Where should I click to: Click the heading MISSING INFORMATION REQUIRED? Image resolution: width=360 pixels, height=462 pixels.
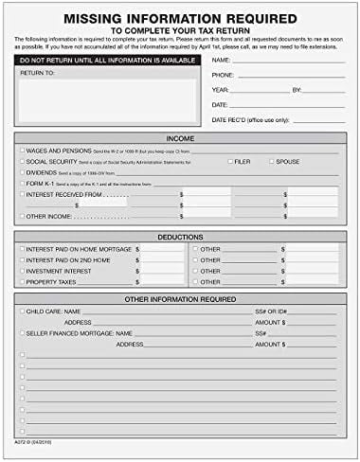pyautogui.click(x=180, y=16)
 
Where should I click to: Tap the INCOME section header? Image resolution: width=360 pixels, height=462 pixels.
pyautogui.click(x=180, y=137)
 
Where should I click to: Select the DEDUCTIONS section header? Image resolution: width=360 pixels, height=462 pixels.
pyautogui.click(x=180, y=236)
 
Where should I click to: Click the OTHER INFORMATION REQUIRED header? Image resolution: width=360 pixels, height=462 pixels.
pyautogui.click(x=180, y=298)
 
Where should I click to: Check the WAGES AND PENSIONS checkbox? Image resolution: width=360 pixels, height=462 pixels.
pyautogui.click(x=22, y=151)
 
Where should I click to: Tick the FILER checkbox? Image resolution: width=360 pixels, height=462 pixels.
pyautogui.click(x=230, y=162)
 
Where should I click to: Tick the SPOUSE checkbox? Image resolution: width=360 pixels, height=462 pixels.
pyautogui.click(x=270, y=162)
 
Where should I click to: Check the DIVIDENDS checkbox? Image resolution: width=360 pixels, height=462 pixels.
pyautogui.click(x=22, y=172)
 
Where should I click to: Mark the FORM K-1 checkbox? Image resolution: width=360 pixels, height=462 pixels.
pyautogui.click(x=22, y=183)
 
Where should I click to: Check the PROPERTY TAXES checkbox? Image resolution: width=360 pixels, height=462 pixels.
pyautogui.click(x=22, y=280)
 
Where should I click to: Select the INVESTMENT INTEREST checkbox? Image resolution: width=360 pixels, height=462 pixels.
pyautogui.click(x=22, y=269)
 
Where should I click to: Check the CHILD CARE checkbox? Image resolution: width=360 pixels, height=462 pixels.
pyautogui.click(x=22, y=311)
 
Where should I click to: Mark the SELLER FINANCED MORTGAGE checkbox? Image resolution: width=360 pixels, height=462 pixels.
pyautogui.click(x=22, y=333)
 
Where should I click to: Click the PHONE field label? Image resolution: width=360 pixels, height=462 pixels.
pyautogui.click(x=224, y=74)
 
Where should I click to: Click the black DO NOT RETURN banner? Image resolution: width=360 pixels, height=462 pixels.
pyautogui.click(x=105, y=60)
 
